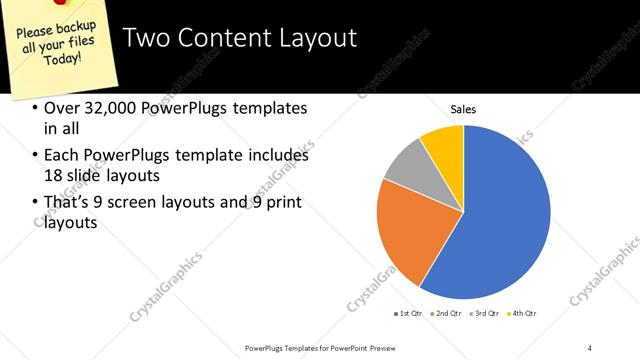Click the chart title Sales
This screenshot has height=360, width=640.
coord(463,109)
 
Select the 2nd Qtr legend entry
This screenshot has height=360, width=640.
coord(447,313)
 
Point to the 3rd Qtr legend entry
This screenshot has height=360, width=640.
coord(485,313)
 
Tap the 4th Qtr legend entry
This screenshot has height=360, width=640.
coord(523,313)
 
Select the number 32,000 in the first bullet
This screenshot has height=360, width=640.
coord(110,108)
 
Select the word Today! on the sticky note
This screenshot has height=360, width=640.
coord(63,59)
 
